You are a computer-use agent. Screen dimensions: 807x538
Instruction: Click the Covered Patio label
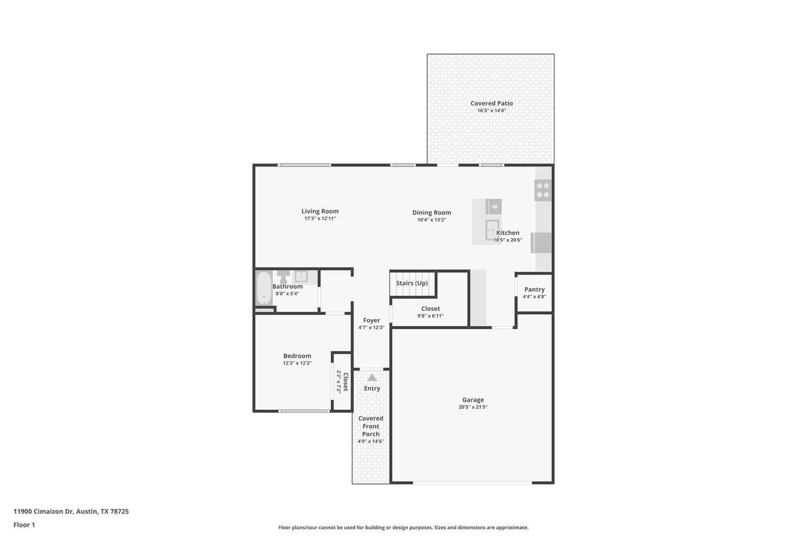(x=491, y=103)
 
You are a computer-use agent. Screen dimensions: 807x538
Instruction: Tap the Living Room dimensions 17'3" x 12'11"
(x=320, y=219)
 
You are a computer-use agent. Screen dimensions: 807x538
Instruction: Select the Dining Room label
(x=432, y=213)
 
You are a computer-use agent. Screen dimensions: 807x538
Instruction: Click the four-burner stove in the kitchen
(x=543, y=190)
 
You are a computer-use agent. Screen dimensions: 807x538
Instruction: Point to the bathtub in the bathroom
(x=264, y=288)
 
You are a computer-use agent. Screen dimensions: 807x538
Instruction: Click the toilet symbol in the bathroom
(x=283, y=277)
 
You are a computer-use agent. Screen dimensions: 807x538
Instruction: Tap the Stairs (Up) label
(x=412, y=284)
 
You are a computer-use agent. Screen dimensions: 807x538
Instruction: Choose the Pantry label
(x=534, y=290)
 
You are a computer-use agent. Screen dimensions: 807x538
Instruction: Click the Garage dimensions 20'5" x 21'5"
(x=473, y=407)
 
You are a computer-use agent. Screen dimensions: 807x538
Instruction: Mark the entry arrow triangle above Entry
(x=372, y=378)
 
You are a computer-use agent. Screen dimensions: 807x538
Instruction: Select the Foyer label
(x=371, y=320)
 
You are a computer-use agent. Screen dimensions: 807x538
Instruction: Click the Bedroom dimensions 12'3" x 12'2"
(x=297, y=363)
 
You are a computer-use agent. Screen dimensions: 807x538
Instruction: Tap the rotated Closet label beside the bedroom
(x=345, y=382)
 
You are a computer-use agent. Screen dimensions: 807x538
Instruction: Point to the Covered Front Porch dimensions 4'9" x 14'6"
(x=371, y=442)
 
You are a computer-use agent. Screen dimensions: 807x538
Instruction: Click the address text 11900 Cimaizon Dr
(x=43, y=511)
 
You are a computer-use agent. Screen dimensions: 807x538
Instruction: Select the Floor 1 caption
(x=24, y=525)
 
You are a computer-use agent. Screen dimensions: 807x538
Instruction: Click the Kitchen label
(x=507, y=233)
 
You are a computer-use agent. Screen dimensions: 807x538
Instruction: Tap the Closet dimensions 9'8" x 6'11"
(x=431, y=316)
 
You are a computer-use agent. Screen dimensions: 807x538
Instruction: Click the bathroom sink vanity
(x=301, y=277)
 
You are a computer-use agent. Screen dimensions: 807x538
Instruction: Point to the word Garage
(x=473, y=400)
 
